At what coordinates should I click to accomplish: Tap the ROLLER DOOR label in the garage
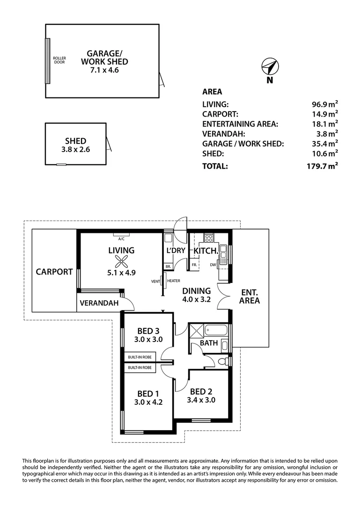(59, 60)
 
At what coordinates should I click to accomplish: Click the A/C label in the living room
(121, 238)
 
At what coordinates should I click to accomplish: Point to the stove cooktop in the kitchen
(209, 238)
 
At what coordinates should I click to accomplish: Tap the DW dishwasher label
(213, 265)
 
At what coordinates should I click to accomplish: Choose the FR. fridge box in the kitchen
(194, 265)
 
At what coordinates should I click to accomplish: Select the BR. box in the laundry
(168, 266)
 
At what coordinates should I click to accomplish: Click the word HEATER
(174, 281)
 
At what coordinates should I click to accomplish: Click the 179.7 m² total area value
(321, 166)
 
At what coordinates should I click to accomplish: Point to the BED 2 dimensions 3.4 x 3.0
(201, 400)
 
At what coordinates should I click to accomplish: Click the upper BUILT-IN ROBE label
(140, 357)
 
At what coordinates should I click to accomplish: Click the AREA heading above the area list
(212, 92)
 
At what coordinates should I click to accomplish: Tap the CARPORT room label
(54, 271)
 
